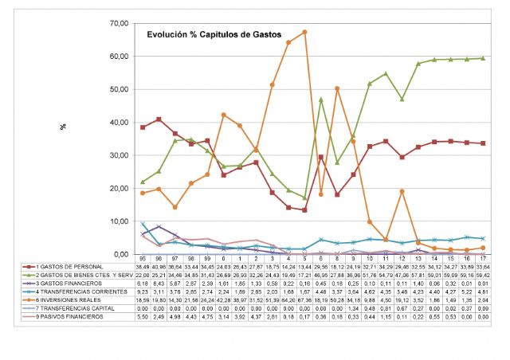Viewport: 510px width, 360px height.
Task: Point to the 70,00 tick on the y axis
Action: click(x=116, y=23)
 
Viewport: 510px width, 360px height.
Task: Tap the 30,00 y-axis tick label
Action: click(x=116, y=155)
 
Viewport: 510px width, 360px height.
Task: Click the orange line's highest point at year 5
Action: click(x=305, y=32)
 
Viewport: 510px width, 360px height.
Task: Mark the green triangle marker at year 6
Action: click(x=321, y=100)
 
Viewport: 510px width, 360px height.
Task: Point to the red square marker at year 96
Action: click(x=159, y=119)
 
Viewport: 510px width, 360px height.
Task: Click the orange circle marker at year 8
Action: click(x=337, y=88)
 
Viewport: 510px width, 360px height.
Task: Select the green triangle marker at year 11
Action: click(x=386, y=73)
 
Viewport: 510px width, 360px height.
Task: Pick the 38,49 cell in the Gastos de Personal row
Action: click(x=143, y=265)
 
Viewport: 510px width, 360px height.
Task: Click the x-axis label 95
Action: click(x=143, y=258)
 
